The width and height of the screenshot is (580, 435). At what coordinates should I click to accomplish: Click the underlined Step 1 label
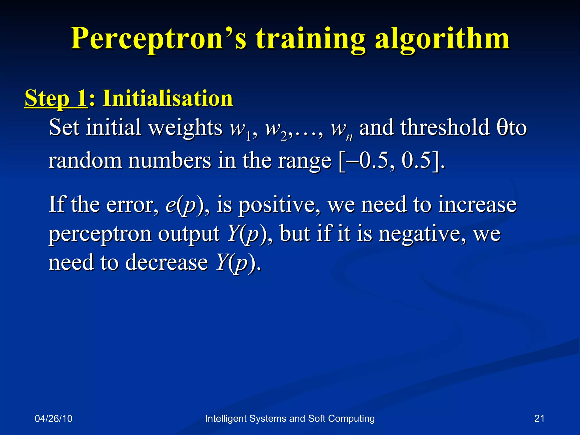point(56,98)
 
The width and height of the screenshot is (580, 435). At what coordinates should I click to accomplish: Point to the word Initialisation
point(168,98)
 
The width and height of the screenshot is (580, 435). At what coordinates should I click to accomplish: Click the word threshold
point(445,127)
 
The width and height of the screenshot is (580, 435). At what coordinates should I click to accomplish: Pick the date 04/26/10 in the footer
point(54,419)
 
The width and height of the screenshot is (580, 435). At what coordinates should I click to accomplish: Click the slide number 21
point(539,419)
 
